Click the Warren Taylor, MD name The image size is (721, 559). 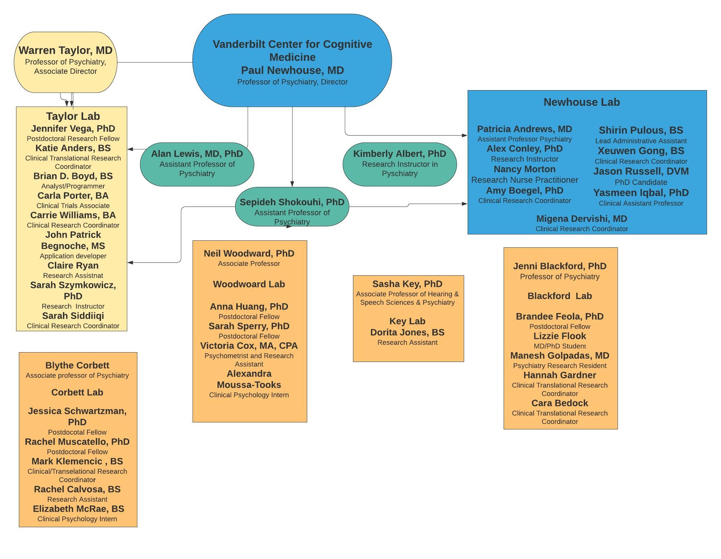coord(66,50)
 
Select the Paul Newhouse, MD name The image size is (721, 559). coord(292,70)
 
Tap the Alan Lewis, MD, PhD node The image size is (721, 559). coord(197,164)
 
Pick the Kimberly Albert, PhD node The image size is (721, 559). coord(399,164)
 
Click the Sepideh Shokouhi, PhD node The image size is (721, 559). coord(292,207)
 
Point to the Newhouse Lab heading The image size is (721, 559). coord(582,102)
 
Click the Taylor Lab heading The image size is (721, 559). coord(73,116)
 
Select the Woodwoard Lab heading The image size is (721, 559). coord(249,284)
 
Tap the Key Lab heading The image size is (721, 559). coord(407,321)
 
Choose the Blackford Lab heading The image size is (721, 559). coord(560,296)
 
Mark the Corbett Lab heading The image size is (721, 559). coord(77,392)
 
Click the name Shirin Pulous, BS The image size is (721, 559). coord(641,130)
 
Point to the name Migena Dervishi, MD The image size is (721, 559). coord(582,219)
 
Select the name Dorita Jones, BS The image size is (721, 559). coord(407,332)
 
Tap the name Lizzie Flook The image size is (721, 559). coord(560,336)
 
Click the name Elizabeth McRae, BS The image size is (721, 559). coord(78,509)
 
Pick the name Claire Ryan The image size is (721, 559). coord(73,266)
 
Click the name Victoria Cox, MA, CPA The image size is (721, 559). coord(249,346)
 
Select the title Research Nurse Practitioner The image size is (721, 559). coord(524,180)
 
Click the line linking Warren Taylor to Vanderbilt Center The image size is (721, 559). coord(154,63)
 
